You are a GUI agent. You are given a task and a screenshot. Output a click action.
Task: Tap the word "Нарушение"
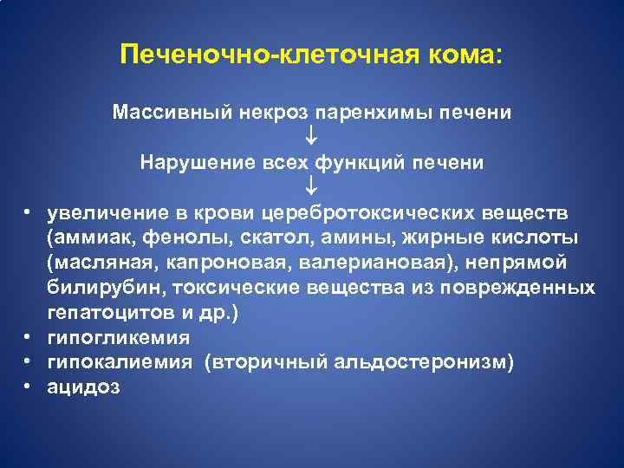[184, 162]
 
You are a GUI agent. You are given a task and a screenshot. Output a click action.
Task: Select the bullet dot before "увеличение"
[28, 213]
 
